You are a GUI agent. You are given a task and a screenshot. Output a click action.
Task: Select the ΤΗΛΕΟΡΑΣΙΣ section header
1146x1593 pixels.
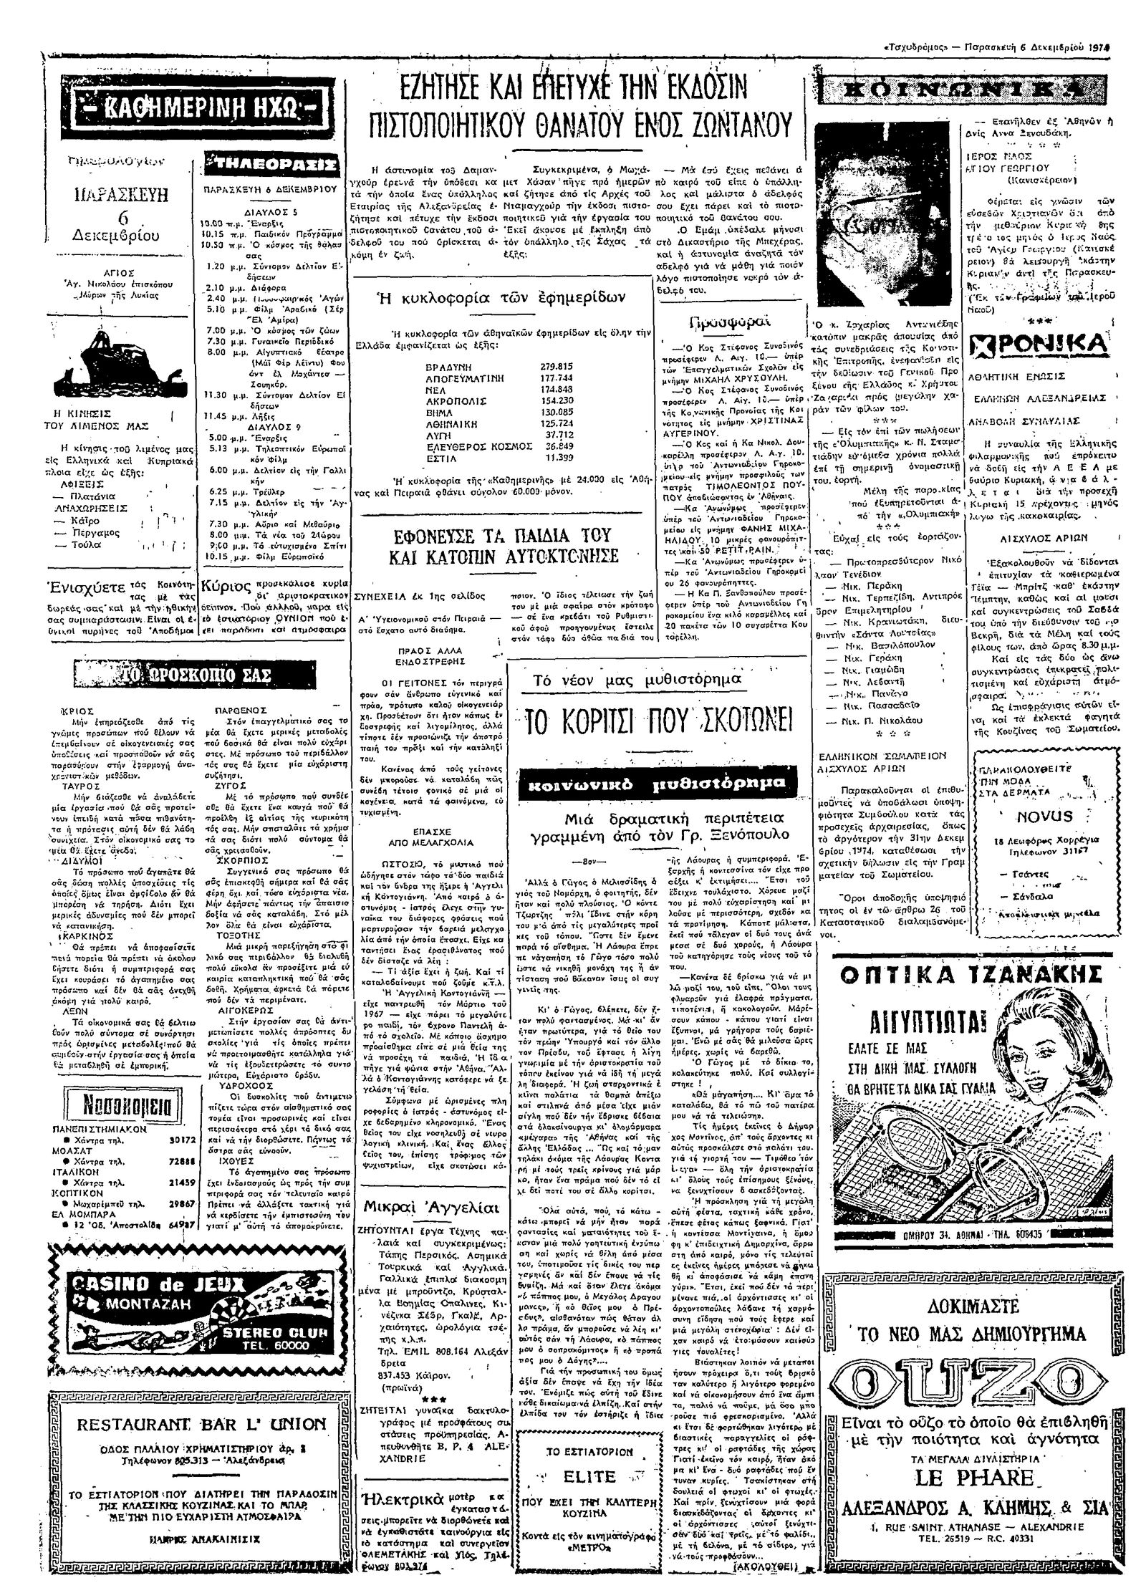[x=270, y=165]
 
